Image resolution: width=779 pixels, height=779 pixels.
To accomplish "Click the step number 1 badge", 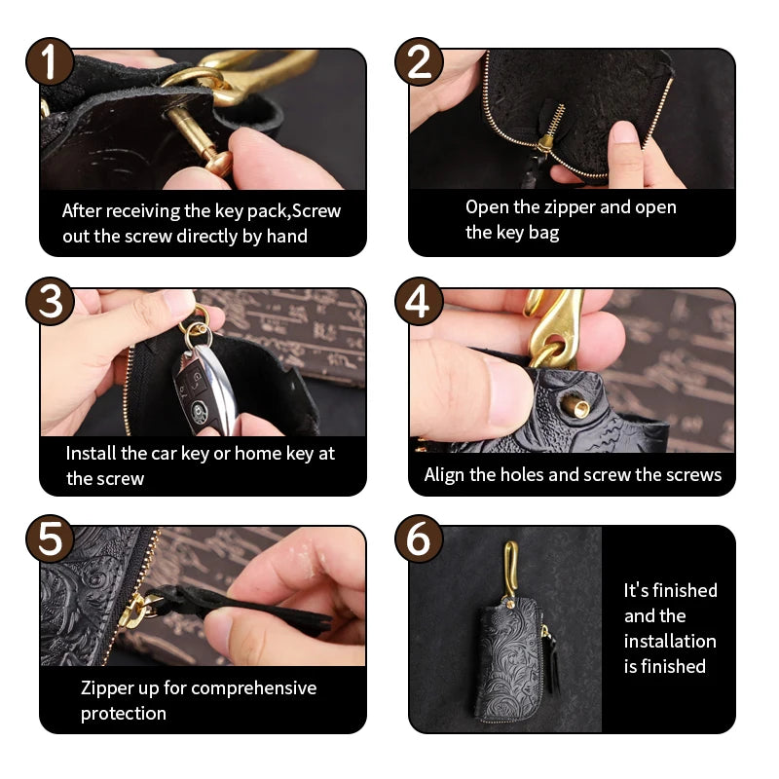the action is (x=50, y=61).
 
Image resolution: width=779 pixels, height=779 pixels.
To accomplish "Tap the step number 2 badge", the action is (x=419, y=61).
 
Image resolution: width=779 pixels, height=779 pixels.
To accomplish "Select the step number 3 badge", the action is (x=50, y=301).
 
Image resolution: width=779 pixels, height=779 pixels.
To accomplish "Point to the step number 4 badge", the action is (x=419, y=301).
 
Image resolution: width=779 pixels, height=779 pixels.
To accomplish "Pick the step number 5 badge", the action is (x=50, y=538).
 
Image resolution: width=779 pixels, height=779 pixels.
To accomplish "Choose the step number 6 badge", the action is (x=419, y=538).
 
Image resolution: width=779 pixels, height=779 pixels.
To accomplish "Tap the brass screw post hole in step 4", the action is (x=576, y=408).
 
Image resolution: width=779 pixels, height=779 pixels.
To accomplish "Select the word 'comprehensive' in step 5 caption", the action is (x=253, y=688).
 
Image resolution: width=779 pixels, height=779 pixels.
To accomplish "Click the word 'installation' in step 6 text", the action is (x=670, y=641).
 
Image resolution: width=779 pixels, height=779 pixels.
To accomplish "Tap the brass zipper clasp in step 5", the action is (x=133, y=611).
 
